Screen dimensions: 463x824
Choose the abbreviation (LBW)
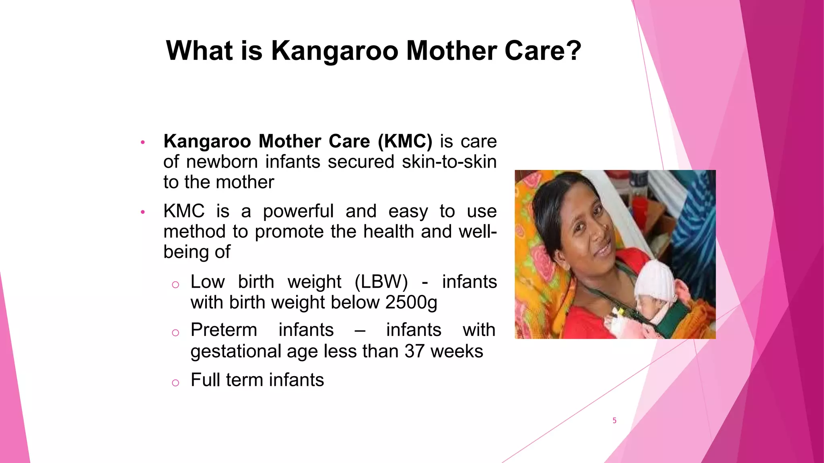(x=381, y=282)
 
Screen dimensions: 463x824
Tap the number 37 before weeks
(x=414, y=351)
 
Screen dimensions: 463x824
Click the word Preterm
(x=224, y=330)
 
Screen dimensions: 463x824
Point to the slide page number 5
(x=614, y=420)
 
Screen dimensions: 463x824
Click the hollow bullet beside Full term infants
(x=175, y=383)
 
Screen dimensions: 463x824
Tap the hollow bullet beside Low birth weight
(x=175, y=285)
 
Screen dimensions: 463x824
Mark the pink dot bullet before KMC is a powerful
(x=142, y=212)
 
